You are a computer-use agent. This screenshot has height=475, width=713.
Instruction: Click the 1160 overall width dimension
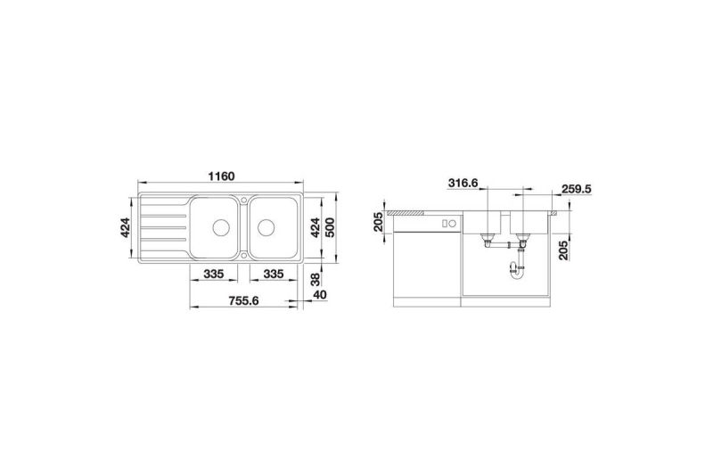pyautogui.click(x=221, y=176)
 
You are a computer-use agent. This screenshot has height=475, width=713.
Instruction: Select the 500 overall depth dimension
pyautogui.click(x=330, y=227)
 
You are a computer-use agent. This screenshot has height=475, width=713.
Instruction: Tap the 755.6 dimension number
pyautogui.click(x=243, y=300)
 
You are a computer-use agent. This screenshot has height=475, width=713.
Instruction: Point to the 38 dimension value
pyautogui.click(x=316, y=279)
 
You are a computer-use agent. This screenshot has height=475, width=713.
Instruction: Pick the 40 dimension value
pyautogui.click(x=320, y=295)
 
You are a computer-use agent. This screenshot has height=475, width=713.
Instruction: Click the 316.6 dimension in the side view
pyautogui.click(x=463, y=183)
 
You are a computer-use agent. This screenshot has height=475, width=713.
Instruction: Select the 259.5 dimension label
pyautogui.click(x=577, y=189)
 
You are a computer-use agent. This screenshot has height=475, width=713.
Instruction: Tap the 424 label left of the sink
pyautogui.click(x=125, y=227)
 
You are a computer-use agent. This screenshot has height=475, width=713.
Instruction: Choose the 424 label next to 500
pyautogui.click(x=315, y=227)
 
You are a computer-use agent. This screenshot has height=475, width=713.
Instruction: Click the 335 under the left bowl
pyautogui.click(x=213, y=274)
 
